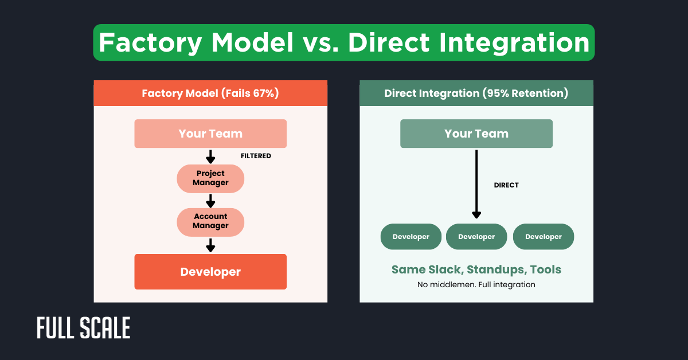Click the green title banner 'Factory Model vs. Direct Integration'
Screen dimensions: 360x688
pos(344,42)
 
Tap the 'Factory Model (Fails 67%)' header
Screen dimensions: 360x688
pos(210,93)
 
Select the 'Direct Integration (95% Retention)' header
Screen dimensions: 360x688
pos(476,93)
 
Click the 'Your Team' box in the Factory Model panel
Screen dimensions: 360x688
pos(210,134)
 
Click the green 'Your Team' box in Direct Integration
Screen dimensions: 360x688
pos(476,134)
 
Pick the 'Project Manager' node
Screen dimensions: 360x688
pos(210,178)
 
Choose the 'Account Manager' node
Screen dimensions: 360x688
pos(210,221)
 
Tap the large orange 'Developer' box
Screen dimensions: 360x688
pos(210,272)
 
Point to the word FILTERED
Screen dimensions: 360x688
pos(256,156)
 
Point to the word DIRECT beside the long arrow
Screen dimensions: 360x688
pos(506,185)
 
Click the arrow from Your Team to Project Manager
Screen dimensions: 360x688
pos(210,156)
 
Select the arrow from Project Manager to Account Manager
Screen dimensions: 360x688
pos(210,200)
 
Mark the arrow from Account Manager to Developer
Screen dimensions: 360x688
pos(210,245)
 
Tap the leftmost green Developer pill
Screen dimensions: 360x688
pos(411,237)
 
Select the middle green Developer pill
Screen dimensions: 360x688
pos(476,237)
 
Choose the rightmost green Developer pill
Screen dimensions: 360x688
pos(543,237)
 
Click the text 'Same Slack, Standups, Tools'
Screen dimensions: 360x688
pos(476,269)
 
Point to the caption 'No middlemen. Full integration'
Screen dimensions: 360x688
pos(476,284)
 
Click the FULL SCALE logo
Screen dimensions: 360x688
pos(84,328)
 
